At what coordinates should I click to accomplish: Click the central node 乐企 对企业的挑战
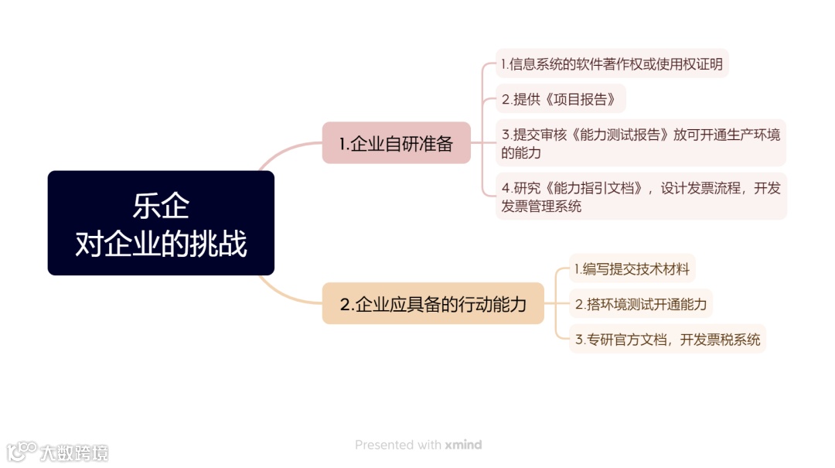tap(161, 223)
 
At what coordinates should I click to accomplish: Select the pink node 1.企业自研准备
tap(396, 143)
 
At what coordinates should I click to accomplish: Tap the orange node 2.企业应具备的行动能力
tap(433, 304)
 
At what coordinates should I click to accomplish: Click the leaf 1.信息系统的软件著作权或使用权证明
tap(612, 64)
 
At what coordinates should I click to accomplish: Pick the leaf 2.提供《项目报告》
tap(561, 99)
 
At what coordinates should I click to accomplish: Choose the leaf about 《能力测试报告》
tap(640, 143)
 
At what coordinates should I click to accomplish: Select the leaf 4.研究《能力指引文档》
tap(640, 196)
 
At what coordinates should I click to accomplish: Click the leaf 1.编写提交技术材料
tap(632, 269)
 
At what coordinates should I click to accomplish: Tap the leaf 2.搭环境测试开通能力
tap(640, 304)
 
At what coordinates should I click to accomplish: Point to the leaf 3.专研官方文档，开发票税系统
tap(667, 339)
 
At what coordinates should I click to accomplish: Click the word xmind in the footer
tap(463, 445)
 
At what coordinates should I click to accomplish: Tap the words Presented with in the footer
tap(397, 445)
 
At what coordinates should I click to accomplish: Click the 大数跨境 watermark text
tap(75, 453)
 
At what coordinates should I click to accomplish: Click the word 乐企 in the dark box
tap(161, 207)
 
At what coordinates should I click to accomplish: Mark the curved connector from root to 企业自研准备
tap(286, 151)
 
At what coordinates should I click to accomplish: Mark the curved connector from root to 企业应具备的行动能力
tap(286, 294)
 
